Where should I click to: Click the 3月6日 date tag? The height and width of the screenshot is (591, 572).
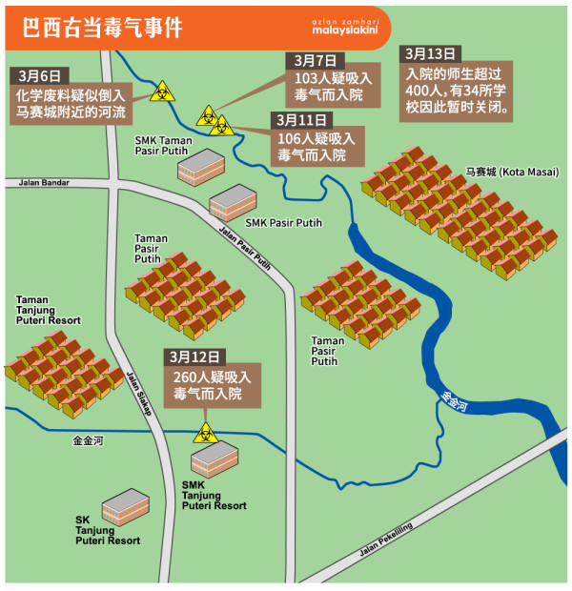[x=37, y=75]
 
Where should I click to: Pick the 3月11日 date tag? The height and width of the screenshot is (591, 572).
[x=301, y=120]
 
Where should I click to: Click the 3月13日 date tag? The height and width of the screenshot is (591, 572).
[x=431, y=54]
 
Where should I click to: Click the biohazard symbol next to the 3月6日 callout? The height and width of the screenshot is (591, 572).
[x=161, y=93]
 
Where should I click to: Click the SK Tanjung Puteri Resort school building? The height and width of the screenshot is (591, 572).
[x=124, y=507]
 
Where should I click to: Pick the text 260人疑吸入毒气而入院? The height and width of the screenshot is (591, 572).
[x=212, y=385]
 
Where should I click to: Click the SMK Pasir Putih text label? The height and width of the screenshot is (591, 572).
[x=283, y=223]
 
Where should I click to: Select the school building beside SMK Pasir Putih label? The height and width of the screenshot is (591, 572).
[x=233, y=203]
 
